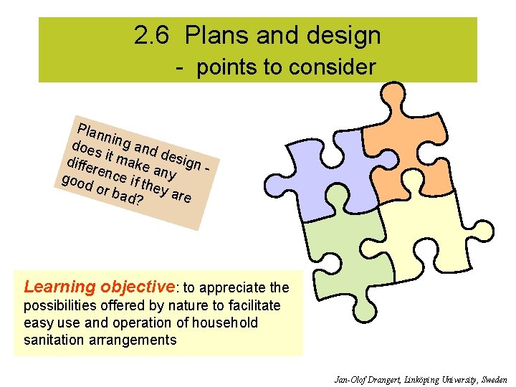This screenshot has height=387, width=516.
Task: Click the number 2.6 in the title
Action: click(x=151, y=36)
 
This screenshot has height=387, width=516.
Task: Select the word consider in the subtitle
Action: click(x=333, y=67)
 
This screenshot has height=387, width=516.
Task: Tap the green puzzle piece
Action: click(x=344, y=251)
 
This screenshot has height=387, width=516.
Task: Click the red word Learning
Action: click(x=59, y=287)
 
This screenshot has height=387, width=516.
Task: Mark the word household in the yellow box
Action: click(x=221, y=323)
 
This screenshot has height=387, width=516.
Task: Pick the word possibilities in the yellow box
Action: click(x=57, y=306)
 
